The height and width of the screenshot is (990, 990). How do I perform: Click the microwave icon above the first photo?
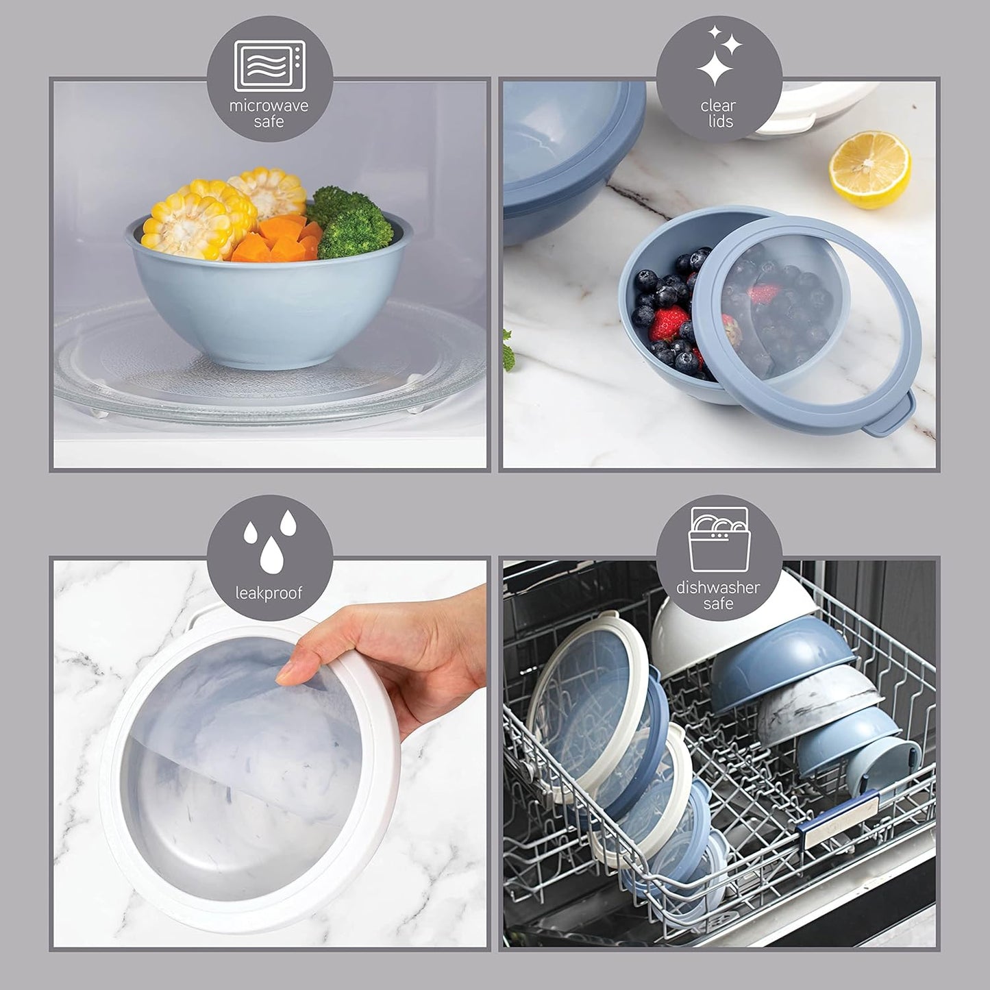coord(269,66)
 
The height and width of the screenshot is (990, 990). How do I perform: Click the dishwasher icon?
coord(718,539)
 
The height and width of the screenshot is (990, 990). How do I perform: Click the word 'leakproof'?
coord(269,593)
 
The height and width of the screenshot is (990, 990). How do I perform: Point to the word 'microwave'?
coord(269,106)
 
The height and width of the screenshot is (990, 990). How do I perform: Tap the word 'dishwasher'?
coord(718,587)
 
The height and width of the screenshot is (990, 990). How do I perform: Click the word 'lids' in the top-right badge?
coord(719,122)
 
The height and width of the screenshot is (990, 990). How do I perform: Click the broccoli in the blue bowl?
coord(351,223)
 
